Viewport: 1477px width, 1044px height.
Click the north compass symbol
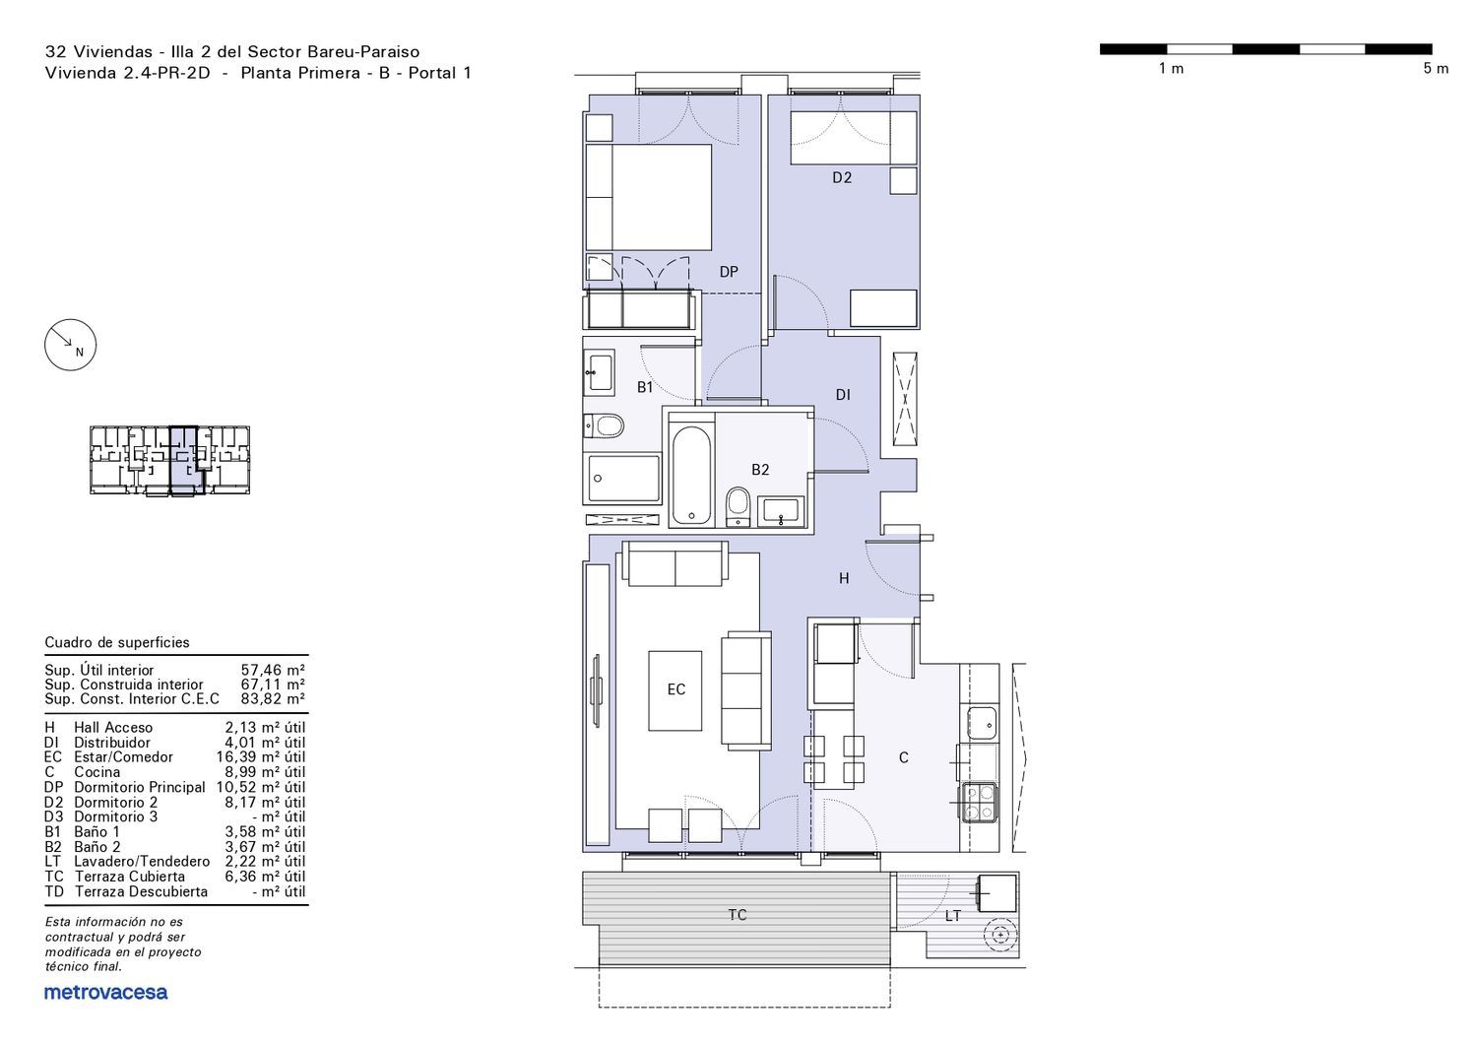[x=70, y=345]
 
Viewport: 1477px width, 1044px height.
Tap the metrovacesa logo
[x=105, y=993]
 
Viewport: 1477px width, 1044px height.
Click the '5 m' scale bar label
[x=1436, y=69]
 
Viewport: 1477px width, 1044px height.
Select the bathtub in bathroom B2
[x=691, y=475]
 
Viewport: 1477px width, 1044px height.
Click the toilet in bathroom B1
[x=604, y=425]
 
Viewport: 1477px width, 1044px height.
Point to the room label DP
[x=728, y=272]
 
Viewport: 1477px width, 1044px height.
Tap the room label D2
[x=841, y=177]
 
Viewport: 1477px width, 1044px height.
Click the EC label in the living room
[x=675, y=689]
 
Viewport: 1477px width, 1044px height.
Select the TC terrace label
[x=738, y=915]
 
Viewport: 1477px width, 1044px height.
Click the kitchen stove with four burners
[x=979, y=802]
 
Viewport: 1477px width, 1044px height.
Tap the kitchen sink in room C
[x=981, y=724]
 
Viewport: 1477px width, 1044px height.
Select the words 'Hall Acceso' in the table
[x=113, y=728]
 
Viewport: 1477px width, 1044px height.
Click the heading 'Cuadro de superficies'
[x=117, y=642]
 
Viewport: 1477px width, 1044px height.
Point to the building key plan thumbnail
[x=169, y=460]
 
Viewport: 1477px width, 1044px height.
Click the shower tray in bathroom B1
[x=621, y=479]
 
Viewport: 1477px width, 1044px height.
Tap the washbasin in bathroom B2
[x=781, y=511]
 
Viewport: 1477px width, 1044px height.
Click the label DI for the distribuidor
[x=843, y=394]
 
